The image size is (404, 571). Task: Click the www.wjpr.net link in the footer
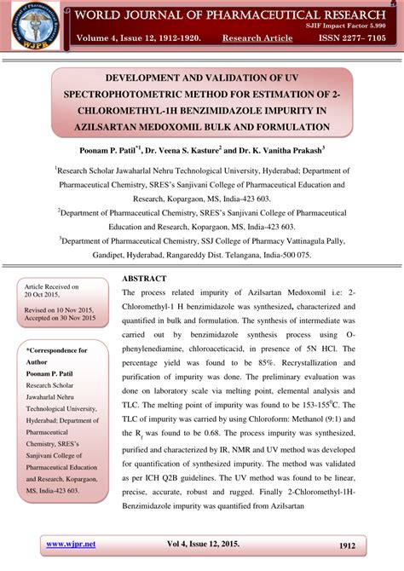(x=70, y=544)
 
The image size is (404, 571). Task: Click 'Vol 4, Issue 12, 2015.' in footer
(x=202, y=544)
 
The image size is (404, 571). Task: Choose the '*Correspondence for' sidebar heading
(x=57, y=351)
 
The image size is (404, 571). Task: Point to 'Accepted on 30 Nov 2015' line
(x=60, y=318)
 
